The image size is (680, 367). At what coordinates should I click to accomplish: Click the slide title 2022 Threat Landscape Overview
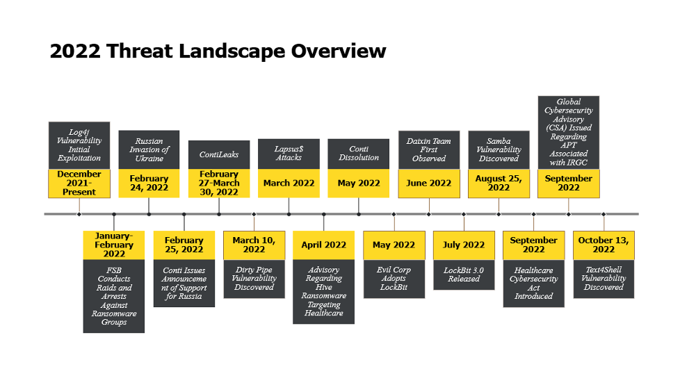218,51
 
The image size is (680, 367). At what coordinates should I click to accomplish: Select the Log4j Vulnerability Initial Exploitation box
79,145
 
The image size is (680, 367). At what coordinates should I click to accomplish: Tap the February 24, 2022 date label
149,183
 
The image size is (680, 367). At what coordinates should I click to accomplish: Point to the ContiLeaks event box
219,155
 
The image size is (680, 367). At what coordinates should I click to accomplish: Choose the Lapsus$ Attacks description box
289,154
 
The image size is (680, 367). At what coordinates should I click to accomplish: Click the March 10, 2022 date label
254,245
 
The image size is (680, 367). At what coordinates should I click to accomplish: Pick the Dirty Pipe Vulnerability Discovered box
254,279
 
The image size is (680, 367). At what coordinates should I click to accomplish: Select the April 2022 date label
323,245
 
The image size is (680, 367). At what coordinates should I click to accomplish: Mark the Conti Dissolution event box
359,154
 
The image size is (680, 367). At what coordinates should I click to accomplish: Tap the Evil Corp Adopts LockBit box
394,279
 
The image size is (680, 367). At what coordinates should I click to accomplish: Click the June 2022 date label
429,183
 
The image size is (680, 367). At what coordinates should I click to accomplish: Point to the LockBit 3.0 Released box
464,275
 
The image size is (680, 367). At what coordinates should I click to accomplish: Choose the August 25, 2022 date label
499,183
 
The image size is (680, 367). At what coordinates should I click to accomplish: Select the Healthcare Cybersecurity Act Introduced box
534,284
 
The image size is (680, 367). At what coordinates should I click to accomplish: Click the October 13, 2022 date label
604,245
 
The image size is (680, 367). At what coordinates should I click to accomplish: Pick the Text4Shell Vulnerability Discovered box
604,279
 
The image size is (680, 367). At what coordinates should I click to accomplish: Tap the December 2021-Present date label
79,183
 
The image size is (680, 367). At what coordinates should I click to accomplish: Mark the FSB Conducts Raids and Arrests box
113,296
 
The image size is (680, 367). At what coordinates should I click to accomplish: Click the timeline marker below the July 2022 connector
464,214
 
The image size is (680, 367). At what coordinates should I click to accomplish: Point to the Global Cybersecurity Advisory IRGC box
569,133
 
